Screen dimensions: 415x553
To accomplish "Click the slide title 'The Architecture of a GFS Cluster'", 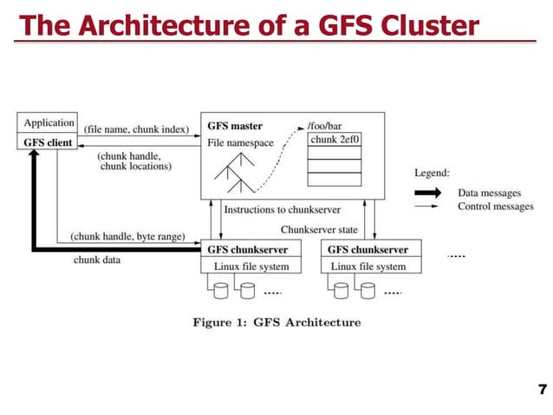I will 249,26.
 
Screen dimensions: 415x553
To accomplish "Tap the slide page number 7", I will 543,388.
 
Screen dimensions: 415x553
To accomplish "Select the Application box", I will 49,123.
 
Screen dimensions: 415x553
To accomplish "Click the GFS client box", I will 49,142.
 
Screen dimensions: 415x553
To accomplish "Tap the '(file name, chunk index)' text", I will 136,129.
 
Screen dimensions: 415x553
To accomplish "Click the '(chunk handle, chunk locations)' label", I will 134,161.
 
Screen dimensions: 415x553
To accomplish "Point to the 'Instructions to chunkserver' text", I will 282,209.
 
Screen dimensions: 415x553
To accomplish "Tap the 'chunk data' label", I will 96,259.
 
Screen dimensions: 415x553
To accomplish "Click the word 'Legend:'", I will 432,173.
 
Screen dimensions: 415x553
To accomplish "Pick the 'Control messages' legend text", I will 496,207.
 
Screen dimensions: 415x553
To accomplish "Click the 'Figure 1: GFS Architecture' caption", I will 276,322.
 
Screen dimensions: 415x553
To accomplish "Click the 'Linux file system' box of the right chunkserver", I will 368,267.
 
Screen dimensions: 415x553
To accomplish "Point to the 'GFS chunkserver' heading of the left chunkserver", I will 247,250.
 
